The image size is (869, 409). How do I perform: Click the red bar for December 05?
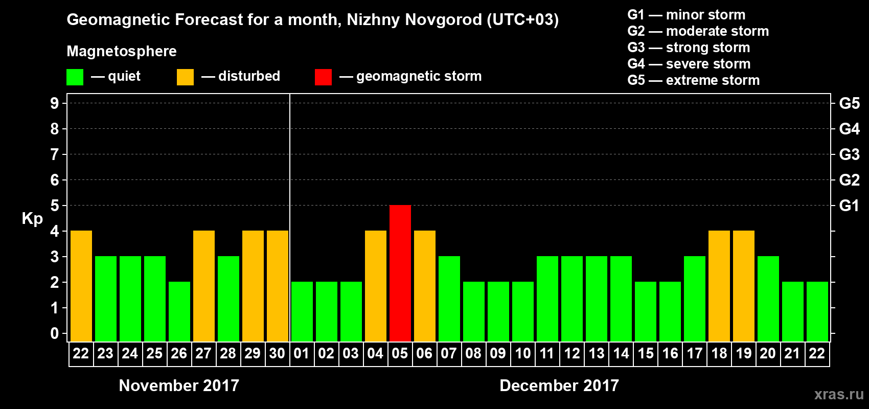click(400, 273)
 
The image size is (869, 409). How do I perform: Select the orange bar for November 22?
click(81, 286)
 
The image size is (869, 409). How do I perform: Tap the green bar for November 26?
click(179, 311)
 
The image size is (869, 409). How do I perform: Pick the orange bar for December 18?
click(719, 286)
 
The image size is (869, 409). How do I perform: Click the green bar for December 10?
click(523, 311)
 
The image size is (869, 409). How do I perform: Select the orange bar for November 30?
click(278, 286)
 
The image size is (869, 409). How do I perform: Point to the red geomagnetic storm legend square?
click(323, 77)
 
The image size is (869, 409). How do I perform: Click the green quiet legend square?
click(75, 77)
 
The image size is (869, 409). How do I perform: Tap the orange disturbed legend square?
click(185, 77)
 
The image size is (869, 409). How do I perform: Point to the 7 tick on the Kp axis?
click(55, 154)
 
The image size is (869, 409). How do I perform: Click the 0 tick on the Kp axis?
click(55, 334)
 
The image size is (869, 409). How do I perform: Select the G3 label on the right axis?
click(849, 154)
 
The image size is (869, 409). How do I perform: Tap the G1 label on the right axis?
click(849, 206)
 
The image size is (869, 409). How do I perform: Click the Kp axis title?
click(32, 219)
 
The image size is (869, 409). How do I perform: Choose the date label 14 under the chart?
click(621, 353)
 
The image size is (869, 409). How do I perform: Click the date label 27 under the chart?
click(203, 353)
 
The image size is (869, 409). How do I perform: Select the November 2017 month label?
click(179, 385)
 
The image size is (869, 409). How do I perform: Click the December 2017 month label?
click(559, 385)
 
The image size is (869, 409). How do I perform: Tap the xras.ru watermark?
click(839, 394)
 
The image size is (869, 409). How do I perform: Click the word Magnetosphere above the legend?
click(122, 51)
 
